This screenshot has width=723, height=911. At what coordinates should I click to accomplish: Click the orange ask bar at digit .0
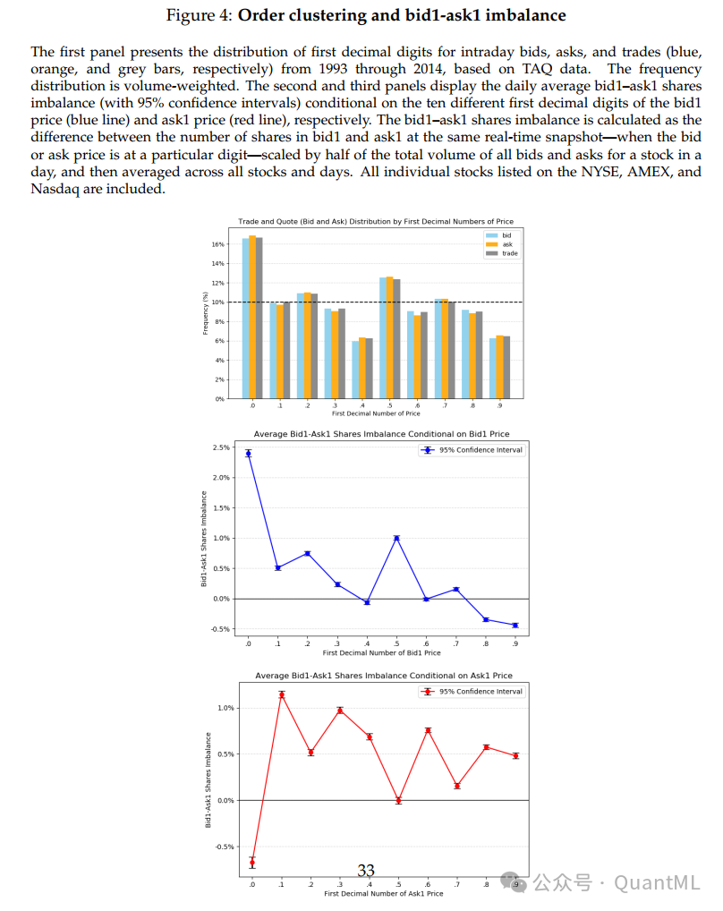(252, 318)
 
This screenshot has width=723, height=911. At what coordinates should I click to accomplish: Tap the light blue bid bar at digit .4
(355, 370)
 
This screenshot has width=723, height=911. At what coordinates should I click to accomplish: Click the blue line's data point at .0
(248, 453)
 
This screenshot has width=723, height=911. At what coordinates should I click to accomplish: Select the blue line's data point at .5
(396, 538)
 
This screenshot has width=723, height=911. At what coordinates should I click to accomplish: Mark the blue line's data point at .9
(515, 625)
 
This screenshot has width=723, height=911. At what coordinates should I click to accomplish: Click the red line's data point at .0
(252, 862)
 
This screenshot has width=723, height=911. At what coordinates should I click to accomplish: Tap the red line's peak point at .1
(282, 694)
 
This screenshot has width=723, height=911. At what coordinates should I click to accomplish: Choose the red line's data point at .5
(398, 800)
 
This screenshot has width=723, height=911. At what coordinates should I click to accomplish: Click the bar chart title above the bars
(375, 221)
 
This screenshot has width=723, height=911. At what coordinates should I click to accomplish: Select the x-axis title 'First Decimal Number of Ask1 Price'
(383, 893)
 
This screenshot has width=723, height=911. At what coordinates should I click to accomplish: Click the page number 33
(366, 870)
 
